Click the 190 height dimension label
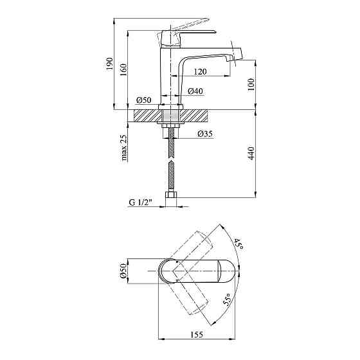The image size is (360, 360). coord(110,64)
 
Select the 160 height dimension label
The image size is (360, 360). coord(123,70)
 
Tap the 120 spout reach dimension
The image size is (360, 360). coord(200,71)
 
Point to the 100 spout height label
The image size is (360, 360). coord(251,84)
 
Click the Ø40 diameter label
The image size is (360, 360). coord(195,91)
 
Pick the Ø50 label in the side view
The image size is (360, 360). coord(144,100)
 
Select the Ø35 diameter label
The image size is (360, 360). coord(205,134)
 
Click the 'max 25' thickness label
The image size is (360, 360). coord(123,148)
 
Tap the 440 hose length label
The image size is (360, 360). coord(251,154)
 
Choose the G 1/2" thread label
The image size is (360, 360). coord(141,203)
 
